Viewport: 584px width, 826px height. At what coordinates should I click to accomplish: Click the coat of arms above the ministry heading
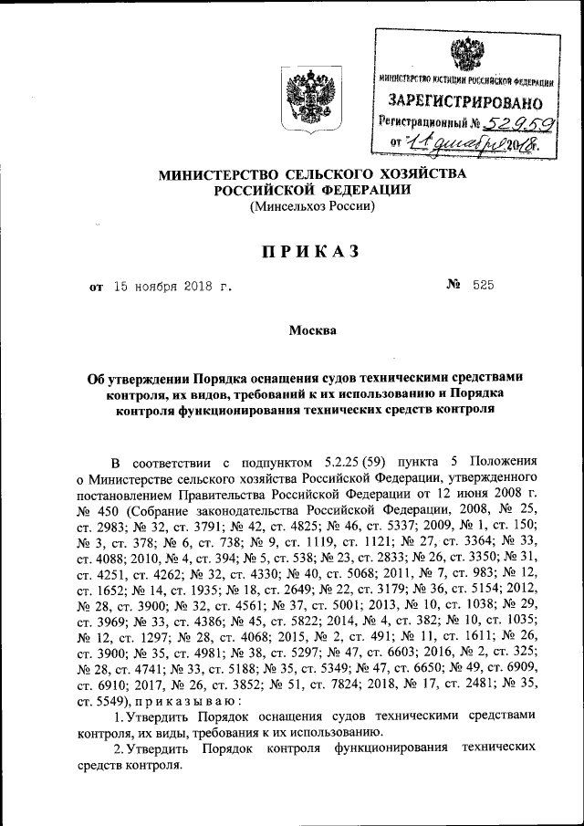(x=312, y=98)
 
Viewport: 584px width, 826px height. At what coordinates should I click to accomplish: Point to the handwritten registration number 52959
(x=510, y=122)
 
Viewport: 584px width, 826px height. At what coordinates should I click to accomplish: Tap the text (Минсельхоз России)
(x=312, y=205)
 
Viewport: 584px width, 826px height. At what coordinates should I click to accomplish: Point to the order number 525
(x=484, y=287)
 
